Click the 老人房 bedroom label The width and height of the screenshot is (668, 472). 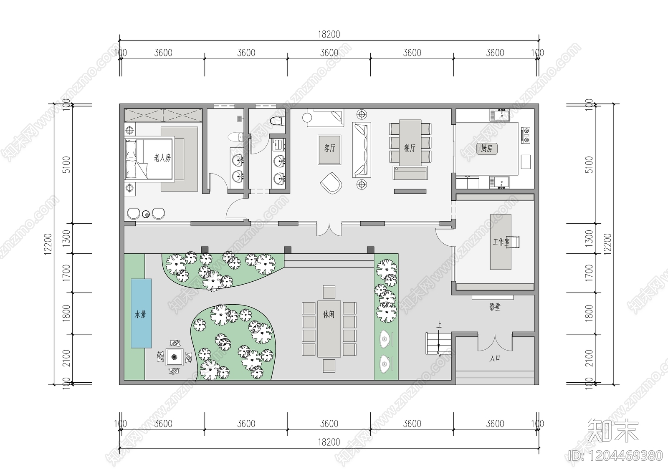(162, 158)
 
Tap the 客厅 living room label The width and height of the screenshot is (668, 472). (329, 148)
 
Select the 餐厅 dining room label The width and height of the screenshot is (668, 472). (410, 148)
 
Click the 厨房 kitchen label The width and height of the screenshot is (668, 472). (487, 148)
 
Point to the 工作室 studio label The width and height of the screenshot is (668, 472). (501, 242)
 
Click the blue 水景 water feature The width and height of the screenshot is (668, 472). (141, 313)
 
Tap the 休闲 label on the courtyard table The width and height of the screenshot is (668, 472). (329, 315)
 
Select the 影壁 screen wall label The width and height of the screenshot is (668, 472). (495, 308)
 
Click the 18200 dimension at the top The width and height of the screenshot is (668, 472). (329, 35)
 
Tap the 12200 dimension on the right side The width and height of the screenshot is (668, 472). (607, 243)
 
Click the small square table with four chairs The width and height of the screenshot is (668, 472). (175, 357)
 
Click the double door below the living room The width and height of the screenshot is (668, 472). (329, 229)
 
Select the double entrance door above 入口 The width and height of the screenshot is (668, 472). (495, 342)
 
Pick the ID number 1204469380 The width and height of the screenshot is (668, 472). (615, 455)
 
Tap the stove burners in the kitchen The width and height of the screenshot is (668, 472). (526, 132)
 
